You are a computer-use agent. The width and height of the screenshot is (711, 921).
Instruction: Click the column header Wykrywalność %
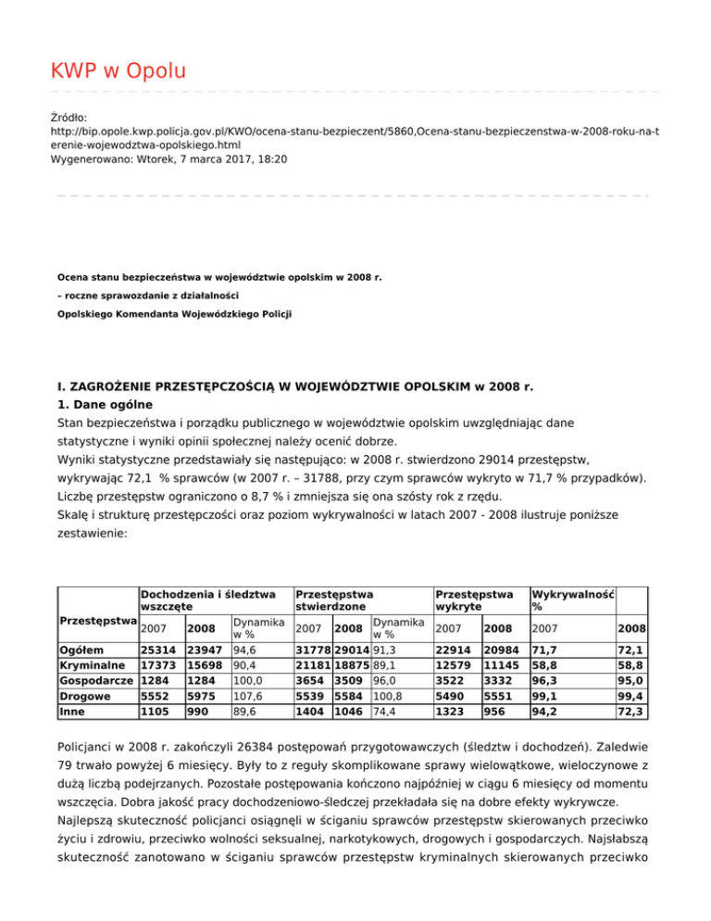click(573, 599)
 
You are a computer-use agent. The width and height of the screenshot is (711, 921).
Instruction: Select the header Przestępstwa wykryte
click(474, 599)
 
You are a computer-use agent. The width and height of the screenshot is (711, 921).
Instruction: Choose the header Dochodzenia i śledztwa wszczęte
click(207, 599)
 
